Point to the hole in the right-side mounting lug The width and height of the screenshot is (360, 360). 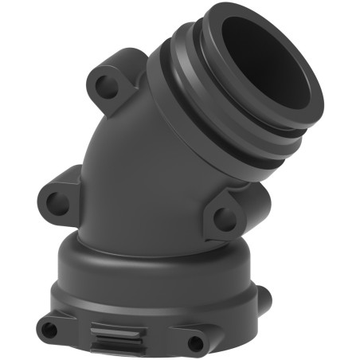click(x=225, y=215)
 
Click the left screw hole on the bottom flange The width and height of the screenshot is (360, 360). click(x=50, y=328)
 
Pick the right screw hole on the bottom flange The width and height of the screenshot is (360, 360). click(x=195, y=342)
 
